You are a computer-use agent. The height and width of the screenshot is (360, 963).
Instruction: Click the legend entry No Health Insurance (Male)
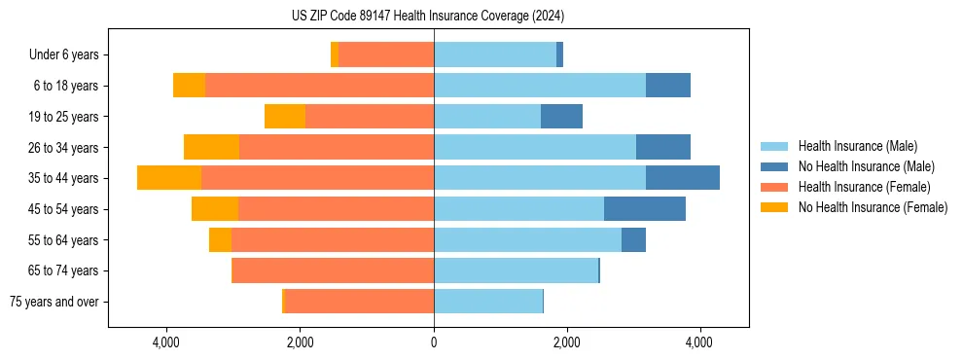[866, 166]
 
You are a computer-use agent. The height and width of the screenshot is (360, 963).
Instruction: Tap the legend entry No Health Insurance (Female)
[873, 207]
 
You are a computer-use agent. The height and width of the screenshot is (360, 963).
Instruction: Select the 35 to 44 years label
[64, 178]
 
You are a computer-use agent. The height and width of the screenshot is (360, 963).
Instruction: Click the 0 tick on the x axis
[434, 343]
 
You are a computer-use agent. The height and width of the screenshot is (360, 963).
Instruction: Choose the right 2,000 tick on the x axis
[567, 343]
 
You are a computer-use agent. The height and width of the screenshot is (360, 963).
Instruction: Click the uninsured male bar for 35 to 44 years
[683, 178]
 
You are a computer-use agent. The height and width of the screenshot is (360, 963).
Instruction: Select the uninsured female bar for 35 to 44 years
[169, 178]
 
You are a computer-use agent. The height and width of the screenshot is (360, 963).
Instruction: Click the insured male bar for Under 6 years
[495, 55]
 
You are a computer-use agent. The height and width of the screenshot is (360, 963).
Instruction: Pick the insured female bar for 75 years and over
[359, 302]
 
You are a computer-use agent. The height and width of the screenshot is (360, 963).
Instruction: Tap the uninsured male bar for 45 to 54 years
[645, 209]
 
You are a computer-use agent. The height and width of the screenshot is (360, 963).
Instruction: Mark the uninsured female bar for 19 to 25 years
[285, 117]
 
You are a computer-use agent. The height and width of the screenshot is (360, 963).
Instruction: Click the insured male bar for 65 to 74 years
[516, 270]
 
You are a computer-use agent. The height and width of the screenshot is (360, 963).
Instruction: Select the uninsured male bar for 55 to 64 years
[633, 240]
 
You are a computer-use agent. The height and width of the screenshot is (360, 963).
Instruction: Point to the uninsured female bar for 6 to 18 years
[190, 86]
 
